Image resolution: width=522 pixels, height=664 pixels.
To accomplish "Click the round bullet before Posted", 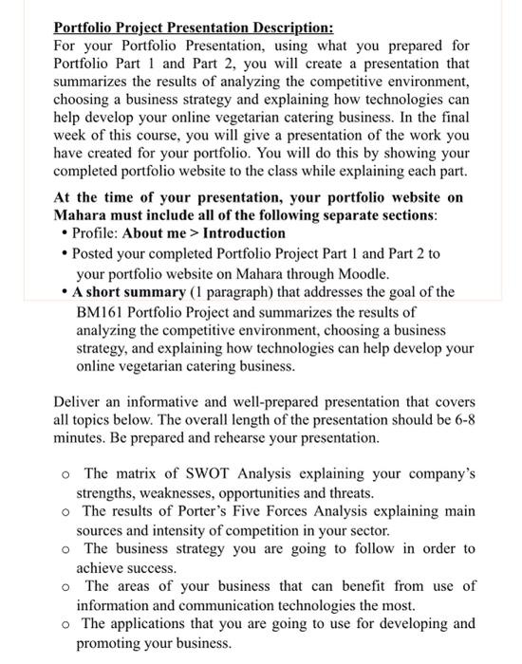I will tap(64, 253).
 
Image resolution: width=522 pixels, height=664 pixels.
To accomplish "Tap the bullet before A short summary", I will tap(64, 291).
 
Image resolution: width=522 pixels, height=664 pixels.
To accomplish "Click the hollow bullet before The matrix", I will tap(65, 474).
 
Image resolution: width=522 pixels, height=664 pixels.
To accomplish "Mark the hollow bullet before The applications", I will tap(65, 625).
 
